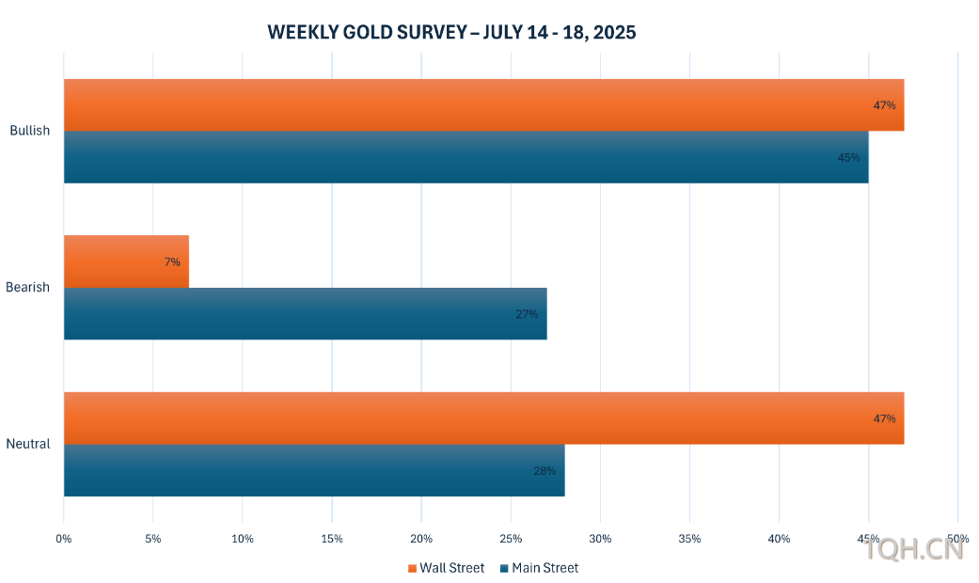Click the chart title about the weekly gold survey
(451, 33)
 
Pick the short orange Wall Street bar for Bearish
(126, 261)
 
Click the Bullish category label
(30, 131)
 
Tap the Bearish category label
(28, 287)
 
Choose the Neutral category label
(28, 444)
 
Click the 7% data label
(172, 262)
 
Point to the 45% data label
(848, 158)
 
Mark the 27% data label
(527, 314)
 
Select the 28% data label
(545, 470)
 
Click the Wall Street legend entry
(447, 568)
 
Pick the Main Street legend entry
(540, 568)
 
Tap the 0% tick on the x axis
(64, 539)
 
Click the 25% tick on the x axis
(511, 539)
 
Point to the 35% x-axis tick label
(689, 539)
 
